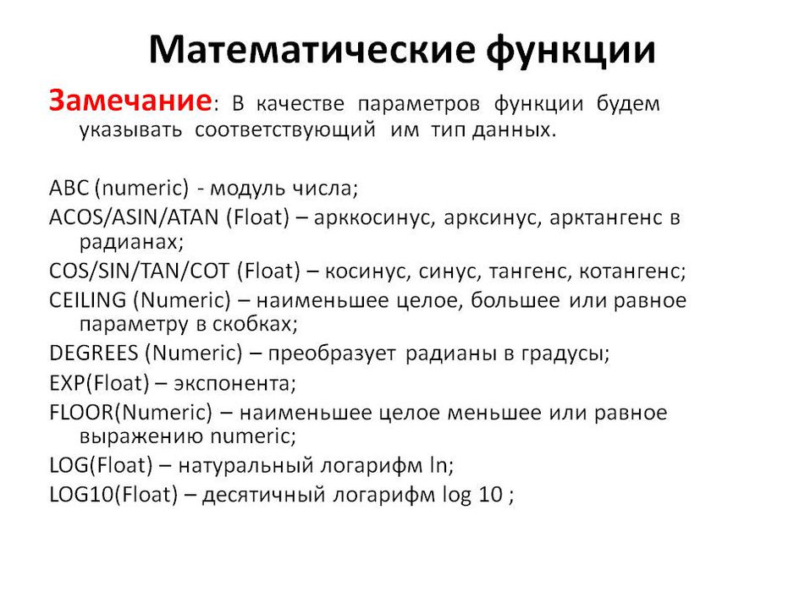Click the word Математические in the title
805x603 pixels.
[x=312, y=49]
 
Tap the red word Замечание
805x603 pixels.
[x=130, y=100]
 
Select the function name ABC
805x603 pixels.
[x=69, y=188]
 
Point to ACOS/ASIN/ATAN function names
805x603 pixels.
[x=134, y=217]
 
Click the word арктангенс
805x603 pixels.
[x=606, y=218]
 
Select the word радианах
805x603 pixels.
[x=131, y=242]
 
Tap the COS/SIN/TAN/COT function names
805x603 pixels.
[x=139, y=271]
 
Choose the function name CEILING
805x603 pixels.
[x=88, y=300]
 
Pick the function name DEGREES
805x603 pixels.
[x=94, y=354]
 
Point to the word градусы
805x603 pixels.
[x=565, y=354]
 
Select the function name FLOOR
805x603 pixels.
[x=81, y=413]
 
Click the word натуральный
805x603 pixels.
[x=245, y=466]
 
